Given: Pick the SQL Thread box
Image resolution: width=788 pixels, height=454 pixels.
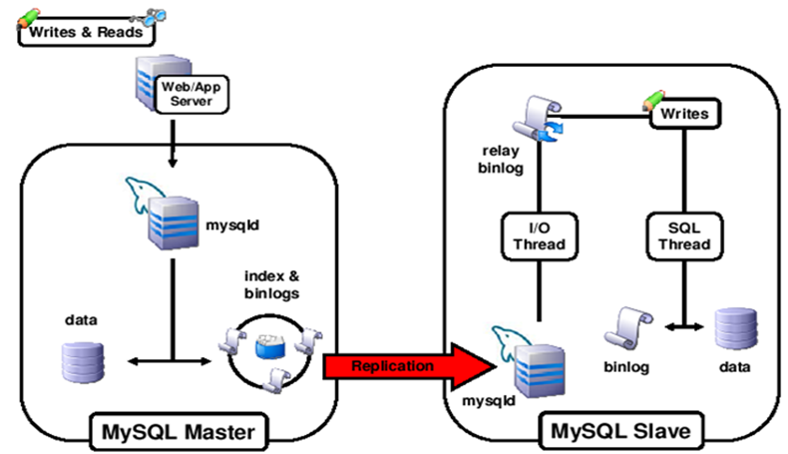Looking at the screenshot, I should point(684,236).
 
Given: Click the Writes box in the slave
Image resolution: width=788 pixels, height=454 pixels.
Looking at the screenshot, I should point(684,115).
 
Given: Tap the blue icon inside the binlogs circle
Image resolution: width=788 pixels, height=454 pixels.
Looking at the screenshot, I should point(268,344).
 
